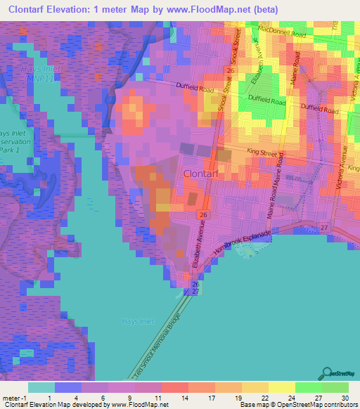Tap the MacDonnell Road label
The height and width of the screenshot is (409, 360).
(283, 33)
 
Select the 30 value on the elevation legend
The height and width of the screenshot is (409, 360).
(345, 398)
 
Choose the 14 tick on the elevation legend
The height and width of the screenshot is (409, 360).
(183, 398)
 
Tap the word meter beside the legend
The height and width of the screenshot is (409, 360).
(8, 398)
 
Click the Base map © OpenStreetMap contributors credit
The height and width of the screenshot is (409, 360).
(298, 405)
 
